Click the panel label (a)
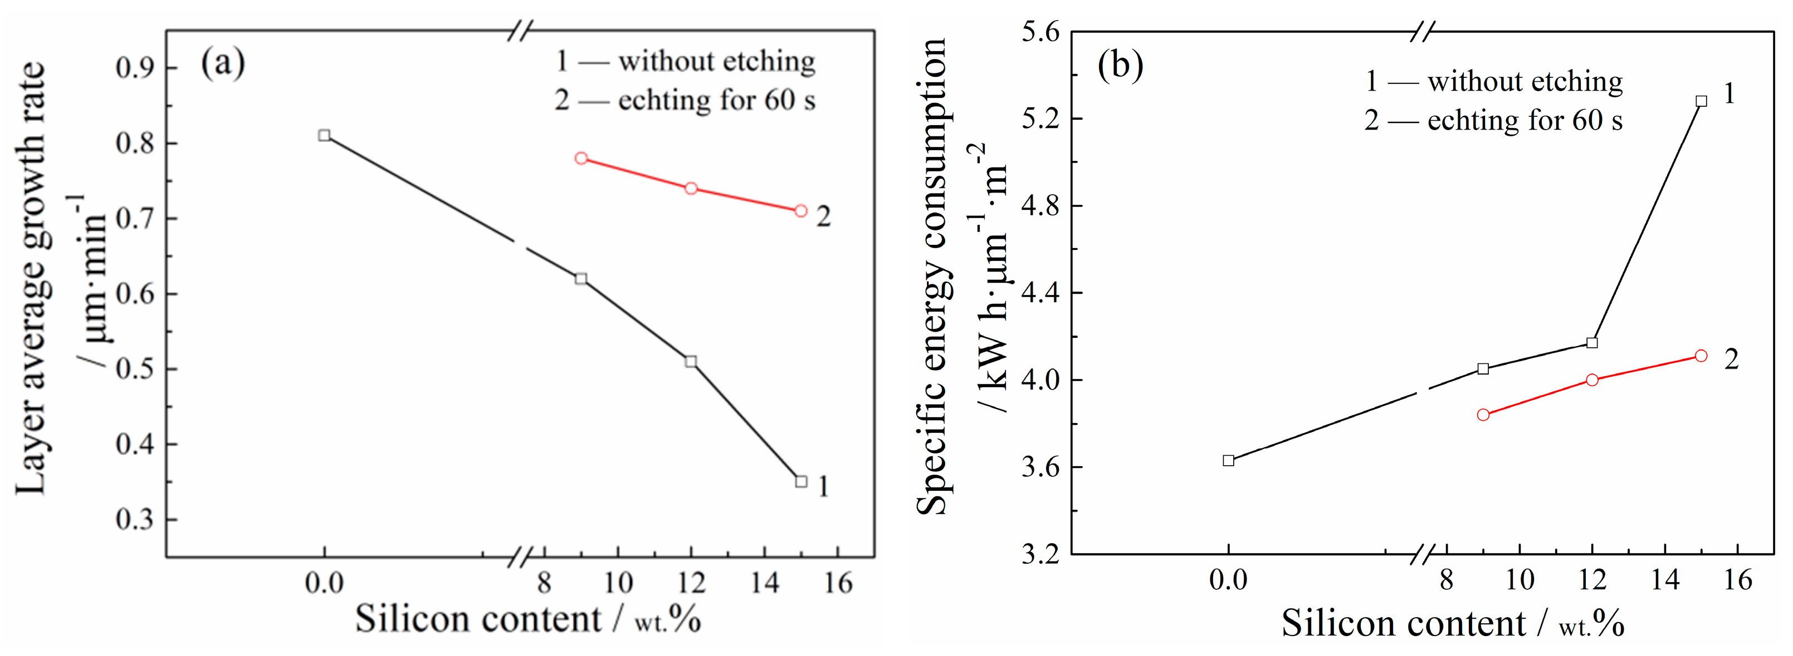click(x=223, y=63)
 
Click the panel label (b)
click(x=1120, y=66)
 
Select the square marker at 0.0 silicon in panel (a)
click(x=324, y=135)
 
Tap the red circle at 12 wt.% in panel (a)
click(x=691, y=189)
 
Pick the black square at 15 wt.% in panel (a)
click(x=801, y=481)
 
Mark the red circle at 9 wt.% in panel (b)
click(x=1483, y=415)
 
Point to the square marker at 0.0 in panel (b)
click(x=1229, y=461)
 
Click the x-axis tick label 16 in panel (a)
click(x=838, y=583)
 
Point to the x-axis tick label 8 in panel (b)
click(x=1447, y=579)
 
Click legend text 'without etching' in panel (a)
click(x=716, y=61)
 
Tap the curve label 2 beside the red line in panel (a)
click(x=823, y=216)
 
